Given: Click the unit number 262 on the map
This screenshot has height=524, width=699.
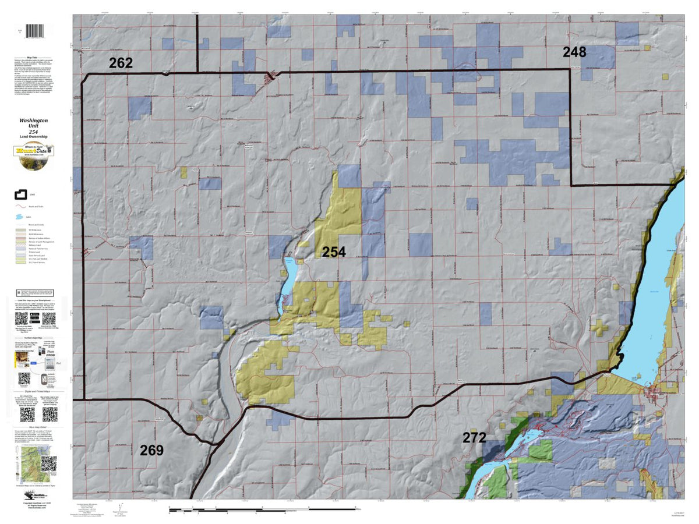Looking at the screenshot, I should [x=120, y=63].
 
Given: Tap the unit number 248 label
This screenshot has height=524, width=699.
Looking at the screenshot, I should [x=574, y=52].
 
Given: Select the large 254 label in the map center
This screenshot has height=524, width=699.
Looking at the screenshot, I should [x=334, y=252].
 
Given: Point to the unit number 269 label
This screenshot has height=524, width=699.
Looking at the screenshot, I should [x=151, y=450].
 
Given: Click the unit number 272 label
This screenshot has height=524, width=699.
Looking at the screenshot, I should [x=474, y=438].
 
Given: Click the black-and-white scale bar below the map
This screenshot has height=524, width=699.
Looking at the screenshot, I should [x=262, y=510].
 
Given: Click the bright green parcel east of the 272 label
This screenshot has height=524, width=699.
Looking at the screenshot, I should [x=541, y=451].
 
